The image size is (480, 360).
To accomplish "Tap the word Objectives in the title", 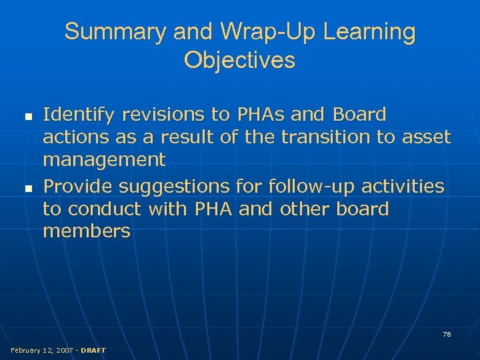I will pos(239,61).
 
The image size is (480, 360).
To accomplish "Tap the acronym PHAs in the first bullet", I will pos(259,115).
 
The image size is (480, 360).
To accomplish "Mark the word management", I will pos(104,160).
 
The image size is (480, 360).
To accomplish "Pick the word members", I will pos(87,231).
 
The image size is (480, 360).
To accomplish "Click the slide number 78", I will pos(447,334).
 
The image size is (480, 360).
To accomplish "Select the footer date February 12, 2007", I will pos(41,351).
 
